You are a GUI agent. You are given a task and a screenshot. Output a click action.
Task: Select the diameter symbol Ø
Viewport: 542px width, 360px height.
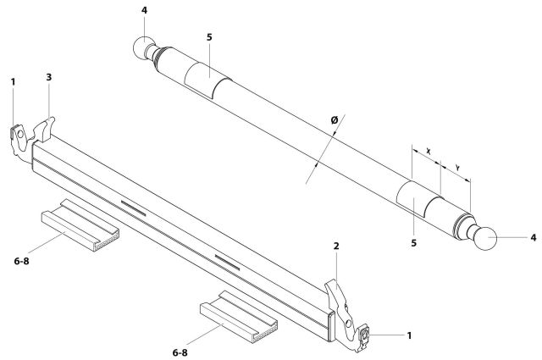tap(335, 121)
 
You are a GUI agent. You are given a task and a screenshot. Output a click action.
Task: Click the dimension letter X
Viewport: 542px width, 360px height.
tap(428, 151)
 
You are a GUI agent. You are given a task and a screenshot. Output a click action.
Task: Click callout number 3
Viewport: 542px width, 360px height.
tap(49, 78)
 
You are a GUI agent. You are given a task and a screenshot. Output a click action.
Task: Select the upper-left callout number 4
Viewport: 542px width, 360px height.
tap(145, 12)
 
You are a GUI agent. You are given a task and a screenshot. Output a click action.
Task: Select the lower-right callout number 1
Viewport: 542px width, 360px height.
tap(409, 335)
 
